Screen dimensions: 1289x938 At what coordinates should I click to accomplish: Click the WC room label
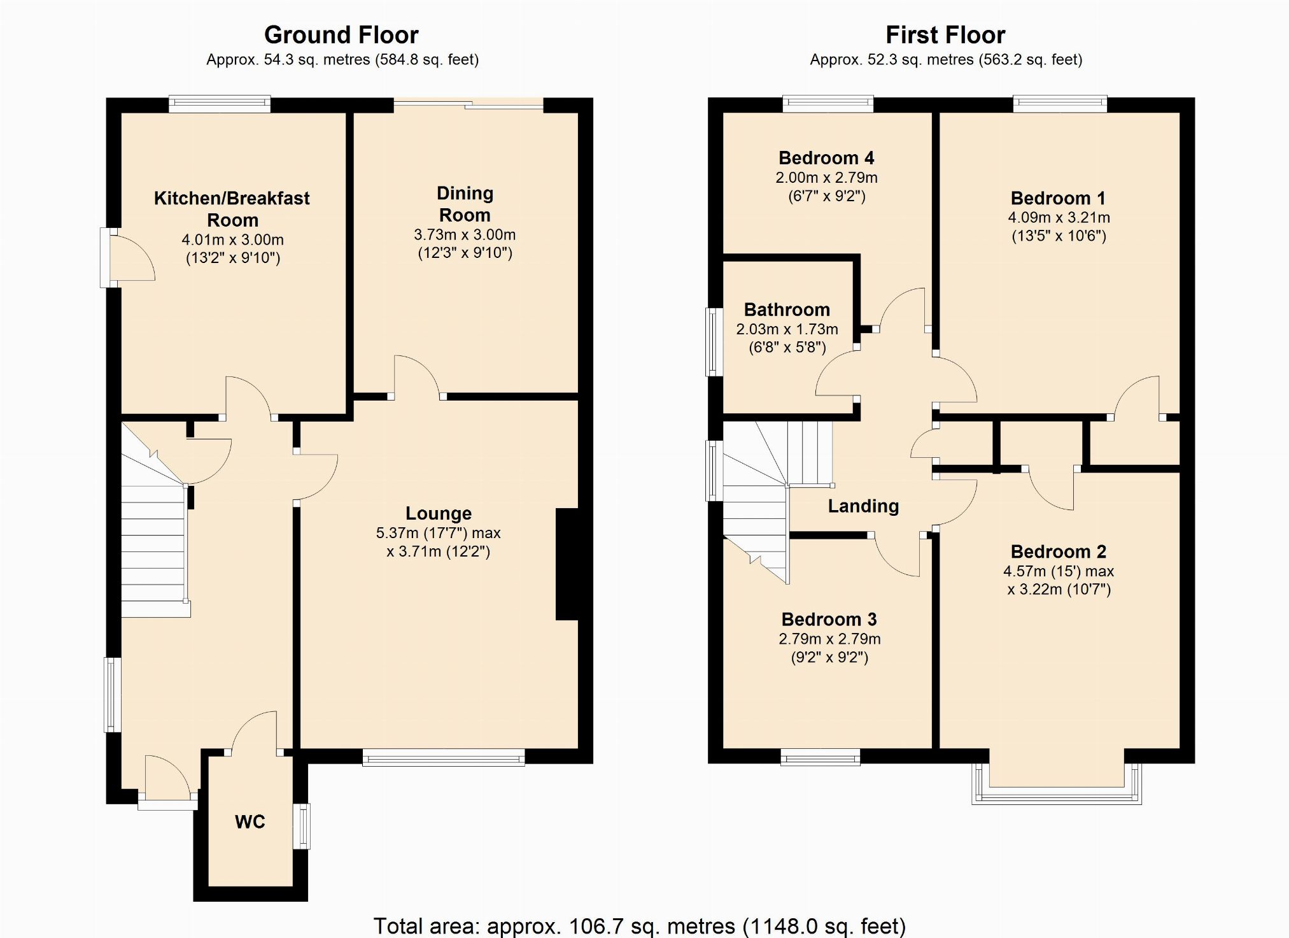[x=250, y=822]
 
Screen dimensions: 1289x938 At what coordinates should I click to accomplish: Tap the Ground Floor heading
[x=341, y=34]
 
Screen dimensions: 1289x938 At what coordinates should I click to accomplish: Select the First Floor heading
[x=945, y=34]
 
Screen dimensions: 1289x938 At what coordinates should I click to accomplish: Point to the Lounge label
[x=439, y=513]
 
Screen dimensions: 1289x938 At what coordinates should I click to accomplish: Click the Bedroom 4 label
[x=826, y=158]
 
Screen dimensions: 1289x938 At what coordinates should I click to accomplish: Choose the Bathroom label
[x=787, y=310]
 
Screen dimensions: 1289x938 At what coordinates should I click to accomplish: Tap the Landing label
[x=863, y=506]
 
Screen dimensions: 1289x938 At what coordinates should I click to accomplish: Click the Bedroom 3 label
[x=829, y=620]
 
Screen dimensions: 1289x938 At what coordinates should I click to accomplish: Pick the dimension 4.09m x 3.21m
[x=1059, y=218]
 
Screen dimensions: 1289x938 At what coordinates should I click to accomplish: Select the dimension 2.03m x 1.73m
[x=787, y=329]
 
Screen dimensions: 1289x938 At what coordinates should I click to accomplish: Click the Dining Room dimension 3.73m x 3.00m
[x=465, y=235]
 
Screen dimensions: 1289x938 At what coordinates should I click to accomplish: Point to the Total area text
[x=639, y=925]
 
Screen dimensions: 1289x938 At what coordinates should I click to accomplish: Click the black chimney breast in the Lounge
[x=567, y=564]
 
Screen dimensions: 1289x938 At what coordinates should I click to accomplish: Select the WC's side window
[x=302, y=826]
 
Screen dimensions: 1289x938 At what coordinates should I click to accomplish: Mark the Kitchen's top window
[x=220, y=104]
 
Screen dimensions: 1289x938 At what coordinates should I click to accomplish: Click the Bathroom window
[x=715, y=342]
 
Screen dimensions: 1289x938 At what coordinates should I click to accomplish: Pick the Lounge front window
[x=444, y=757]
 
